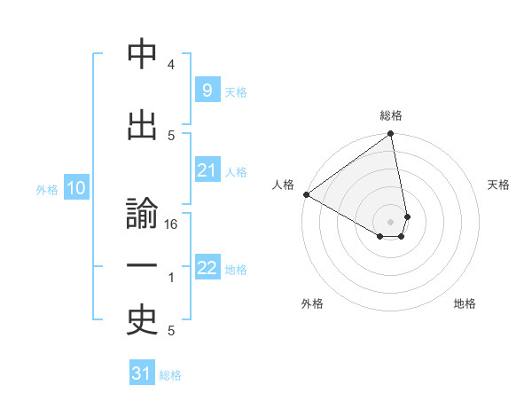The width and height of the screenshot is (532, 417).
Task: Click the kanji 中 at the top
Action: coord(142,56)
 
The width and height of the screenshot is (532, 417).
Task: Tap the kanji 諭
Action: coord(142,216)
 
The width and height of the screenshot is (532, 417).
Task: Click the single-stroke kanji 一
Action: coord(142,266)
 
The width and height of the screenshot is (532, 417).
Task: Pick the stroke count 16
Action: coord(172,225)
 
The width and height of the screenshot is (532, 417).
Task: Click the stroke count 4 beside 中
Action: coord(171,65)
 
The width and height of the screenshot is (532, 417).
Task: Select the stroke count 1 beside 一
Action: coord(171,278)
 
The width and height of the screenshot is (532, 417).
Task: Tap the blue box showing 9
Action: coord(207,90)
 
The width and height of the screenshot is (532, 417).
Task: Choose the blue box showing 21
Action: coord(207,170)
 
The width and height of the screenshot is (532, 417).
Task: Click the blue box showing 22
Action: coord(207,268)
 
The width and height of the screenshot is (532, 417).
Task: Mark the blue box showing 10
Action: coord(75,188)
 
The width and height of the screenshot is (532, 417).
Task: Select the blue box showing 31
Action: coord(142,374)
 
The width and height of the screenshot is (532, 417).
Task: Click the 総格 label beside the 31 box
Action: coord(170,375)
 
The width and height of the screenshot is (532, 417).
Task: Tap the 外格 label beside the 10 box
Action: coord(47,190)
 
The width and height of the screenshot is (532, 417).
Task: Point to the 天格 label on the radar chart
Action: coord(498,185)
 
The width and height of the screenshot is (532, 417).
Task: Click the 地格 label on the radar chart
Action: coord(465,303)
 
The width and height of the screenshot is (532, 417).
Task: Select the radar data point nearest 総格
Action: coord(390,135)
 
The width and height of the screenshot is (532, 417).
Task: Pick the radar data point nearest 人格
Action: coord(306,194)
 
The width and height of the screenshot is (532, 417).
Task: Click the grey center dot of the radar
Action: coord(390,220)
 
